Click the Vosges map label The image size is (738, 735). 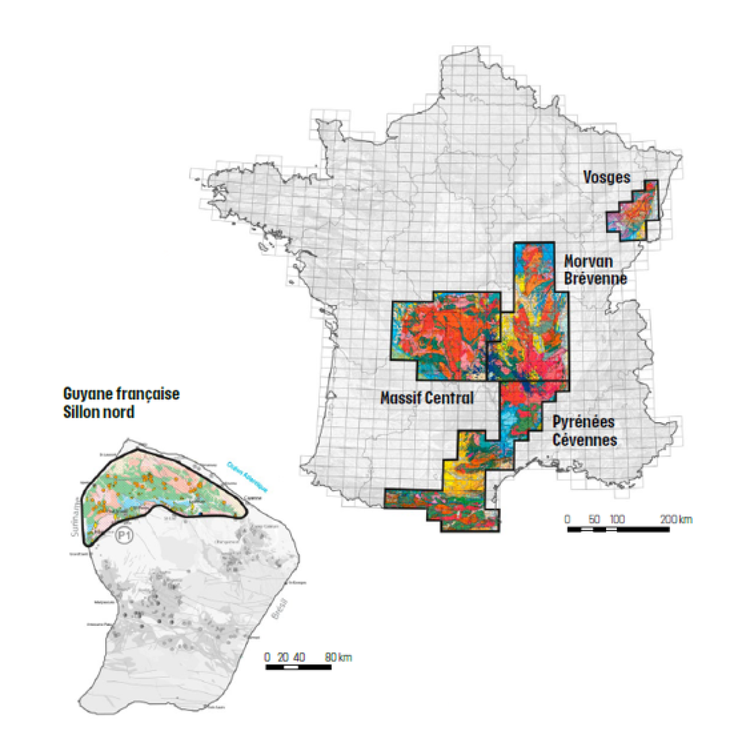(x=606, y=177)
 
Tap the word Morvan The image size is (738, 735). (x=588, y=261)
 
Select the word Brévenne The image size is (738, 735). (x=595, y=278)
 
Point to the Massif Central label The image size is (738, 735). (x=427, y=398)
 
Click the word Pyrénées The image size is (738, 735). (x=583, y=422)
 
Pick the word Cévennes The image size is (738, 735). (x=585, y=440)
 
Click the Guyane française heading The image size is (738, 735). (x=121, y=394)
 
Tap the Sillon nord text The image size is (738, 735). (x=99, y=411)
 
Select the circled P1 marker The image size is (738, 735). (x=124, y=535)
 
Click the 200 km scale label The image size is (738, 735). (x=676, y=519)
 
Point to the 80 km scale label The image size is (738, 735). (x=338, y=657)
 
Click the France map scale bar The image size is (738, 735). (x=618, y=530)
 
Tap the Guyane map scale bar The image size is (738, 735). (x=298, y=668)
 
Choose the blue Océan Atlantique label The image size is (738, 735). (x=247, y=478)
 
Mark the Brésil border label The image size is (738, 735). (x=281, y=609)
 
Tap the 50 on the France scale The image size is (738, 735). (x=594, y=519)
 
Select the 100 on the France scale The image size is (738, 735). (x=617, y=519)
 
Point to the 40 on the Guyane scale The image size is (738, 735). (x=299, y=657)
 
